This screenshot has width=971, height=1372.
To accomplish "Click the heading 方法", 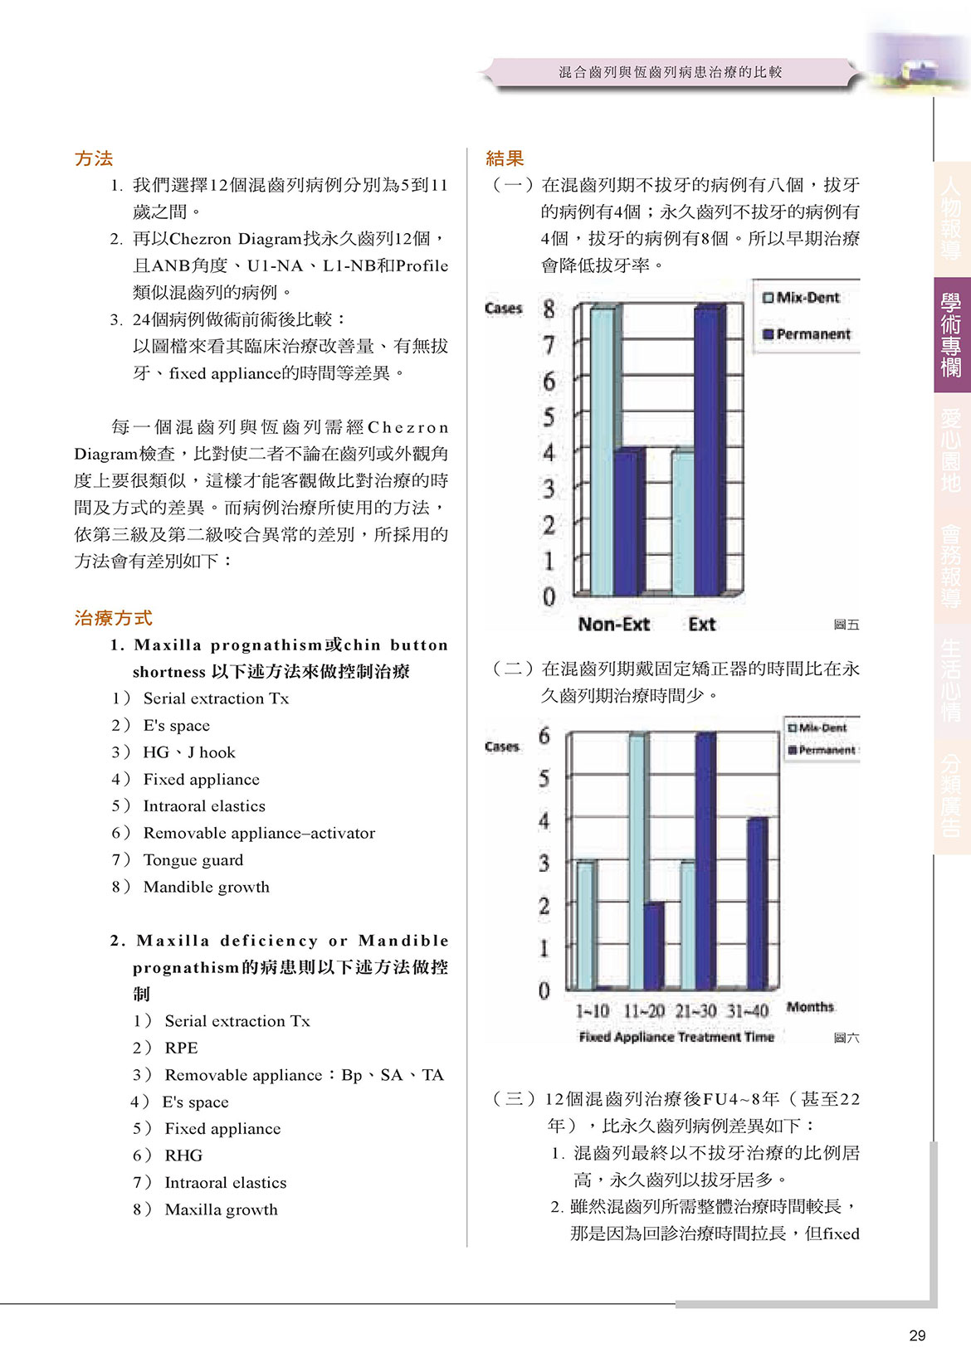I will coord(93,158).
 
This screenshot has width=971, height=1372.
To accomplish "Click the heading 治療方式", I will coord(113,618).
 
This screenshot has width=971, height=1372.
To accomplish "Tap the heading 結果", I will coord(505,158).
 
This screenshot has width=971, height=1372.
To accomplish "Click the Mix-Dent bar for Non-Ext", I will coord(602,450).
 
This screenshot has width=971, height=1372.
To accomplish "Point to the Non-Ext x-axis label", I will coord(613,625).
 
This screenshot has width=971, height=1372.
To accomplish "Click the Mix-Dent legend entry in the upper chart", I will coord(802,298).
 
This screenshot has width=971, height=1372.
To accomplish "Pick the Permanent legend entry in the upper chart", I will coord(807,334).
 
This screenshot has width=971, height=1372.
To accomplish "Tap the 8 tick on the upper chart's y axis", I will coord(549,309).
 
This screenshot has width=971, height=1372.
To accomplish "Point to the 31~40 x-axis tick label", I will coord(747,1011).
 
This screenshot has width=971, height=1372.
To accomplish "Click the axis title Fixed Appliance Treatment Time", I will coord(676,1037).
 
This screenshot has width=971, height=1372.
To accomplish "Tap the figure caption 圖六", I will coord(846,1038).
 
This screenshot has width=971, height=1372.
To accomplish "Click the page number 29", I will coord(917,1336).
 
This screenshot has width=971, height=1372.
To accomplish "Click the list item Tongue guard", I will coord(193,860).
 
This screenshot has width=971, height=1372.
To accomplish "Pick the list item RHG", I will coord(183,1155).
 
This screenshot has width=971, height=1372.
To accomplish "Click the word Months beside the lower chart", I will coord(810,1007).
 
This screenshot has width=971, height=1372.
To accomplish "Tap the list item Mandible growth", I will coord(206,887).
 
